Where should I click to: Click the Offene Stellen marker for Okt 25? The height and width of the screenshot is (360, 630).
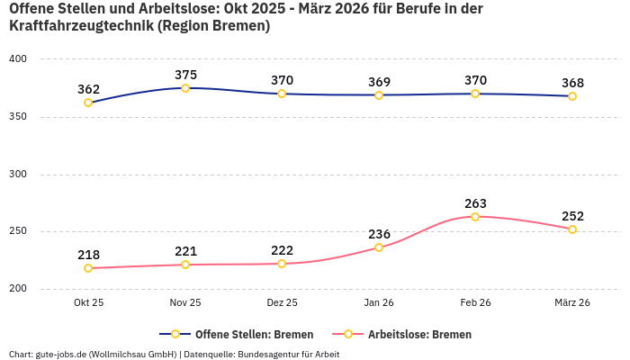[88, 103]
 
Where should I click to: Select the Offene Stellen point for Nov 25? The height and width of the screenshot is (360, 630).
[185, 88]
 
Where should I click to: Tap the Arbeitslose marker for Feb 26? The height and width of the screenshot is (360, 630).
[475, 217]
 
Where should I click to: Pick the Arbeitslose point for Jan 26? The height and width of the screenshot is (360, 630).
[379, 247]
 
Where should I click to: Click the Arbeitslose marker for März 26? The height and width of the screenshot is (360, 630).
[572, 229]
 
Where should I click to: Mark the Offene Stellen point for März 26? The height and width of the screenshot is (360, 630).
[572, 96]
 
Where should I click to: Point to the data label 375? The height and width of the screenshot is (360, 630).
[185, 75]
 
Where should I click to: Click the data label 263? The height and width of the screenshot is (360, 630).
[475, 203]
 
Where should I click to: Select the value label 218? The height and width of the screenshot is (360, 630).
[88, 255]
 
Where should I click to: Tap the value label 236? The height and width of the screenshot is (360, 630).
[379, 234]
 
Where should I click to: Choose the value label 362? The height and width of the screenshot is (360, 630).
[88, 89]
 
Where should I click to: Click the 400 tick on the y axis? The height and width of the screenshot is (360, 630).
[18, 59]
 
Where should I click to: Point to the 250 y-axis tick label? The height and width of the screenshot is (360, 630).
[18, 231]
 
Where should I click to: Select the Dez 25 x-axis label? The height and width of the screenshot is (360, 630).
[282, 303]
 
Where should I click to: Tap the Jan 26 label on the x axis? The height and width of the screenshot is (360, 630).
[379, 303]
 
